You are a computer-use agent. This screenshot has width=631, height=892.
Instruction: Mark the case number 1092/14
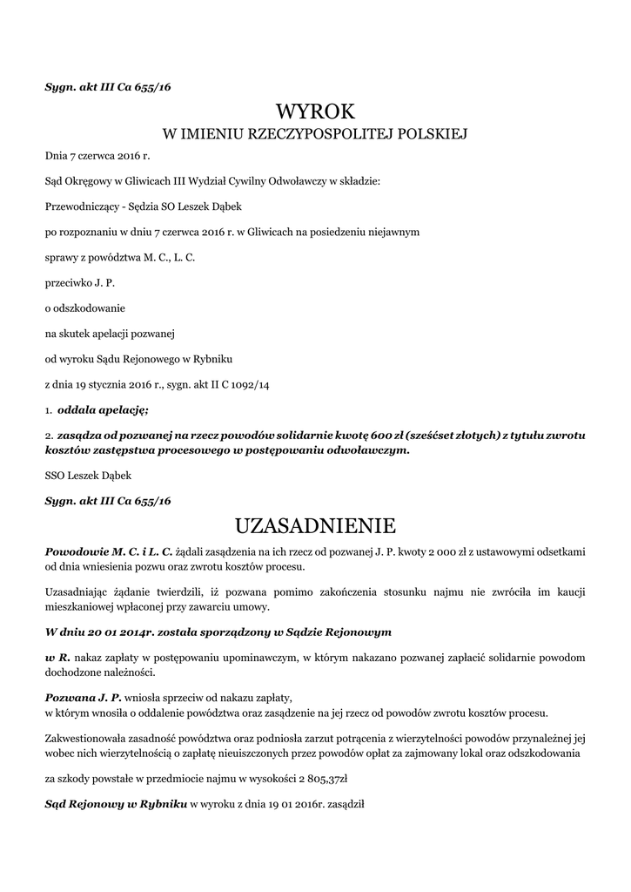coord(249,384)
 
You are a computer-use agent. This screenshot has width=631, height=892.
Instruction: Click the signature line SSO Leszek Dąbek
coord(85,476)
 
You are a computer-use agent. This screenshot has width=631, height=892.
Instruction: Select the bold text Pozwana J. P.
coord(84,698)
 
